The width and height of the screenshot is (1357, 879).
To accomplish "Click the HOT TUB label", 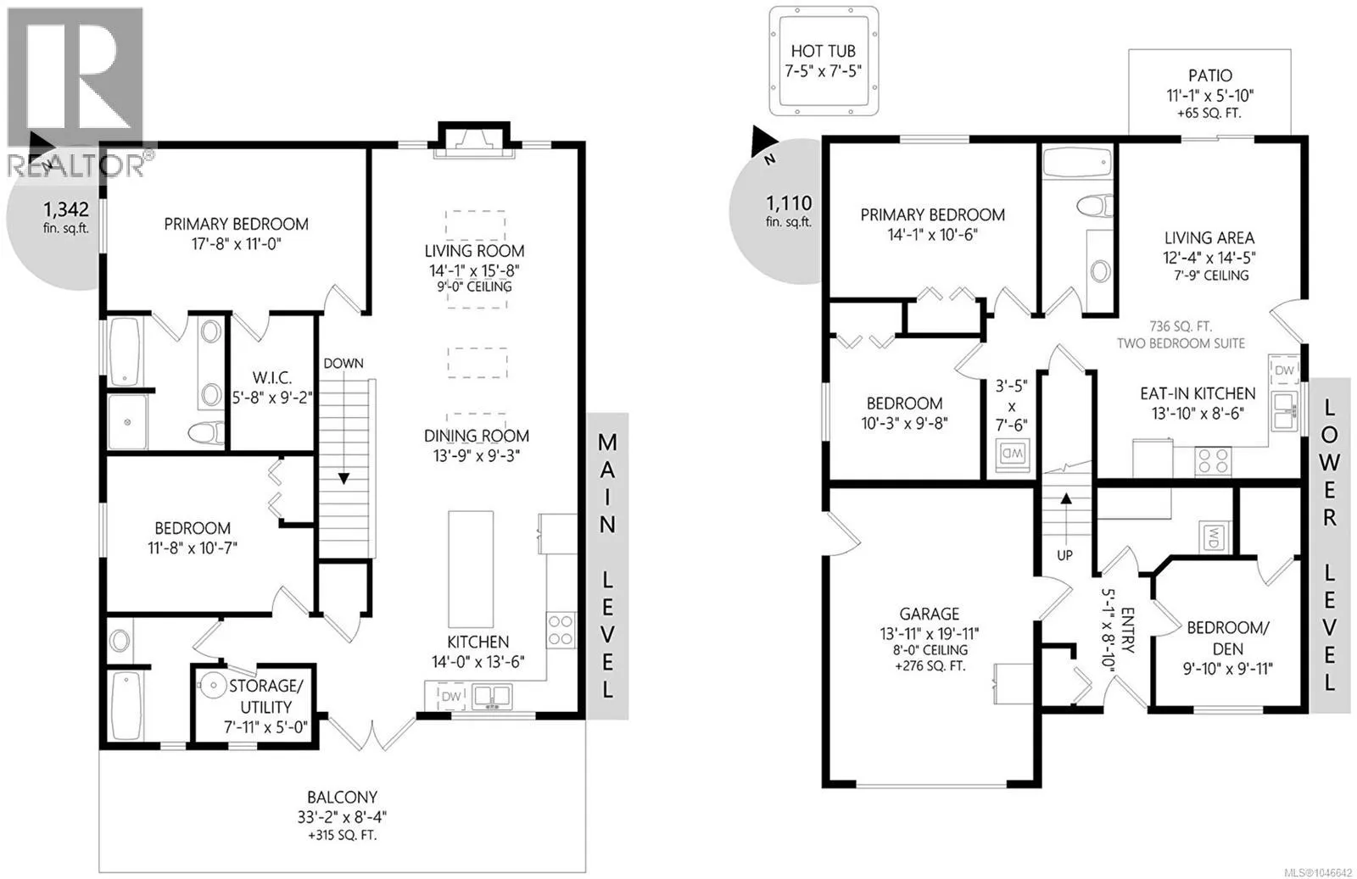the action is pos(823,51).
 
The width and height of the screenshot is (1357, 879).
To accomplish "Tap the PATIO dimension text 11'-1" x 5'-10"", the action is pos(1209,96).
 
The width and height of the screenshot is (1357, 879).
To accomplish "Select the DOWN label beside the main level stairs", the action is pos(343,364).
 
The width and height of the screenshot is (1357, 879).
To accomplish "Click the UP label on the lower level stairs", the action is pos(1064,555).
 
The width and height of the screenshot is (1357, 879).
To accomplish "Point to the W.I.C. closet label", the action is pos(272,378).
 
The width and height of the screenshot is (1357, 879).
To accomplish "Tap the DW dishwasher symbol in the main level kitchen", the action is pos(451,696).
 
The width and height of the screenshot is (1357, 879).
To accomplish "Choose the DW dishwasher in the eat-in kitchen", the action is pos(1284,370).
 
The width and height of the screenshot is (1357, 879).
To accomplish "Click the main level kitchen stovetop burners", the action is pos(561,630).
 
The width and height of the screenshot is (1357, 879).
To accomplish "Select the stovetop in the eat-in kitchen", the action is pos(1213,460).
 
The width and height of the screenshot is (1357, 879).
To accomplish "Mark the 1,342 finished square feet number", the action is pos(66,209).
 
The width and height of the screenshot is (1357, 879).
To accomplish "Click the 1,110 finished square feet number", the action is pos(789,203).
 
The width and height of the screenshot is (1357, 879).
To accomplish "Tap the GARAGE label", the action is pos(930,614).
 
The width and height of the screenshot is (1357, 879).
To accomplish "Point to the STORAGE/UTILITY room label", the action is pos(266,696).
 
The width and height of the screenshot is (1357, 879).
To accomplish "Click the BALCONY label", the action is pos(342,798).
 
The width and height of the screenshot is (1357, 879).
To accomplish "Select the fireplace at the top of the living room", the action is pos(474,141).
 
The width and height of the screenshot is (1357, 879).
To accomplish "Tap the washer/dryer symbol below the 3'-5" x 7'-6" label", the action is pos(1013,453).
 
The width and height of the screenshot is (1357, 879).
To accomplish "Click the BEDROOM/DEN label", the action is pos(1227,638).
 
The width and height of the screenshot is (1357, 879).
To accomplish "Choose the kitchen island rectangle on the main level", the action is pos(471,569).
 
